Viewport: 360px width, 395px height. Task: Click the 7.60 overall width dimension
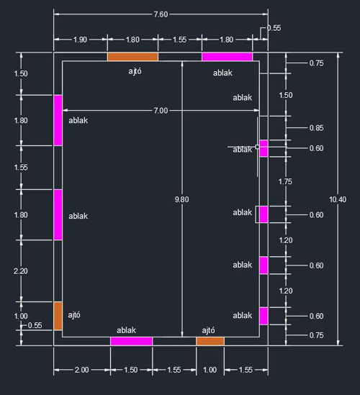[x=161, y=14]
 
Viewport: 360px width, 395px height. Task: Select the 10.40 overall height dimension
[x=338, y=199]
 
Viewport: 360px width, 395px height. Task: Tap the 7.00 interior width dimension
[x=161, y=111]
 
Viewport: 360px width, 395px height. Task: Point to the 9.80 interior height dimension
[x=181, y=199]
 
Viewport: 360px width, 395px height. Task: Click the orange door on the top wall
[x=132, y=57]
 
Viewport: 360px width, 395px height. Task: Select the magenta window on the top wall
[x=227, y=57]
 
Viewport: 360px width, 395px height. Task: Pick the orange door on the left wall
[x=58, y=316]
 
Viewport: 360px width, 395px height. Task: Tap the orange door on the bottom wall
[x=210, y=341]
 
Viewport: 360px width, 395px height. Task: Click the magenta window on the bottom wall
[x=131, y=341]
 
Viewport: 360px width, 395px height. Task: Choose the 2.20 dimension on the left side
[x=21, y=271]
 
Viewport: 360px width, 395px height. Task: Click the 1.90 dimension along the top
[x=80, y=40]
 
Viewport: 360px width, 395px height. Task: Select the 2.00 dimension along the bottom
[x=81, y=370]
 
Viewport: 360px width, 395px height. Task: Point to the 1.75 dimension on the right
[x=285, y=181]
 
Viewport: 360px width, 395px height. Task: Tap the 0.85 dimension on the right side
[x=316, y=128]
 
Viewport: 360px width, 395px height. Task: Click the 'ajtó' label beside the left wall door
[x=74, y=315]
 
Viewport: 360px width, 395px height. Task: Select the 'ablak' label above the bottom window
[x=126, y=330]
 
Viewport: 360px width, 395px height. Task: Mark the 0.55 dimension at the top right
[x=274, y=28]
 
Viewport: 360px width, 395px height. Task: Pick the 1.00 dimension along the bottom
[x=210, y=370]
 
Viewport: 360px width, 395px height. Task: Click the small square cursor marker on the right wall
[x=257, y=147]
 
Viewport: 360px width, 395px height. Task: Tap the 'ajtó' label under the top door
[x=135, y=71]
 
